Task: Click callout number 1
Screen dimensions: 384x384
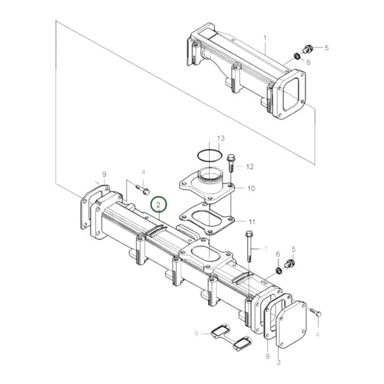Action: tap(264, 37)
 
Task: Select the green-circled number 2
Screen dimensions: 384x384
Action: tap(158, 205)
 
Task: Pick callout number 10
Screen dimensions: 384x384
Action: tap(251, 189)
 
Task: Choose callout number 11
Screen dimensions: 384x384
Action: tap(251, 220)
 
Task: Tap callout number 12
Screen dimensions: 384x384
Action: tap(251, 166)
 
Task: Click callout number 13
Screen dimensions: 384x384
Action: tap(221, 138)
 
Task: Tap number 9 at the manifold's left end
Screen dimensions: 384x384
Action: tap(104, 174)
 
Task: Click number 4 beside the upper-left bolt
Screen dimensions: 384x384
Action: tap(143, 172)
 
